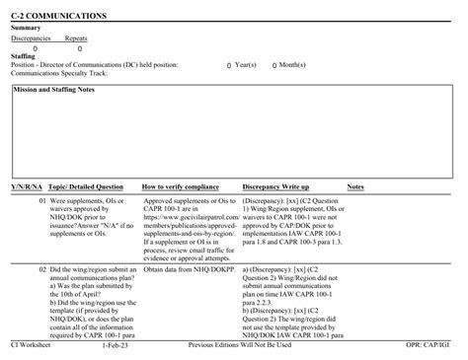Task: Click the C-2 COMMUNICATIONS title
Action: (59, 17)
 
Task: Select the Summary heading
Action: (26, 28)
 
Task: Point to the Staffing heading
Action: (24, 56)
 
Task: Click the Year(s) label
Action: (245, 65)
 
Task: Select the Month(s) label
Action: (290, 65)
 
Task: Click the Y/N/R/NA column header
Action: (27, 185)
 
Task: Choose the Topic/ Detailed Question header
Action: (86, 185)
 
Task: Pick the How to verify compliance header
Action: (181, 185)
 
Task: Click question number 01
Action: (42, 200)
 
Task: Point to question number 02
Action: (42, 268)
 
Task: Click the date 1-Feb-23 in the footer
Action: (114, 346)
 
